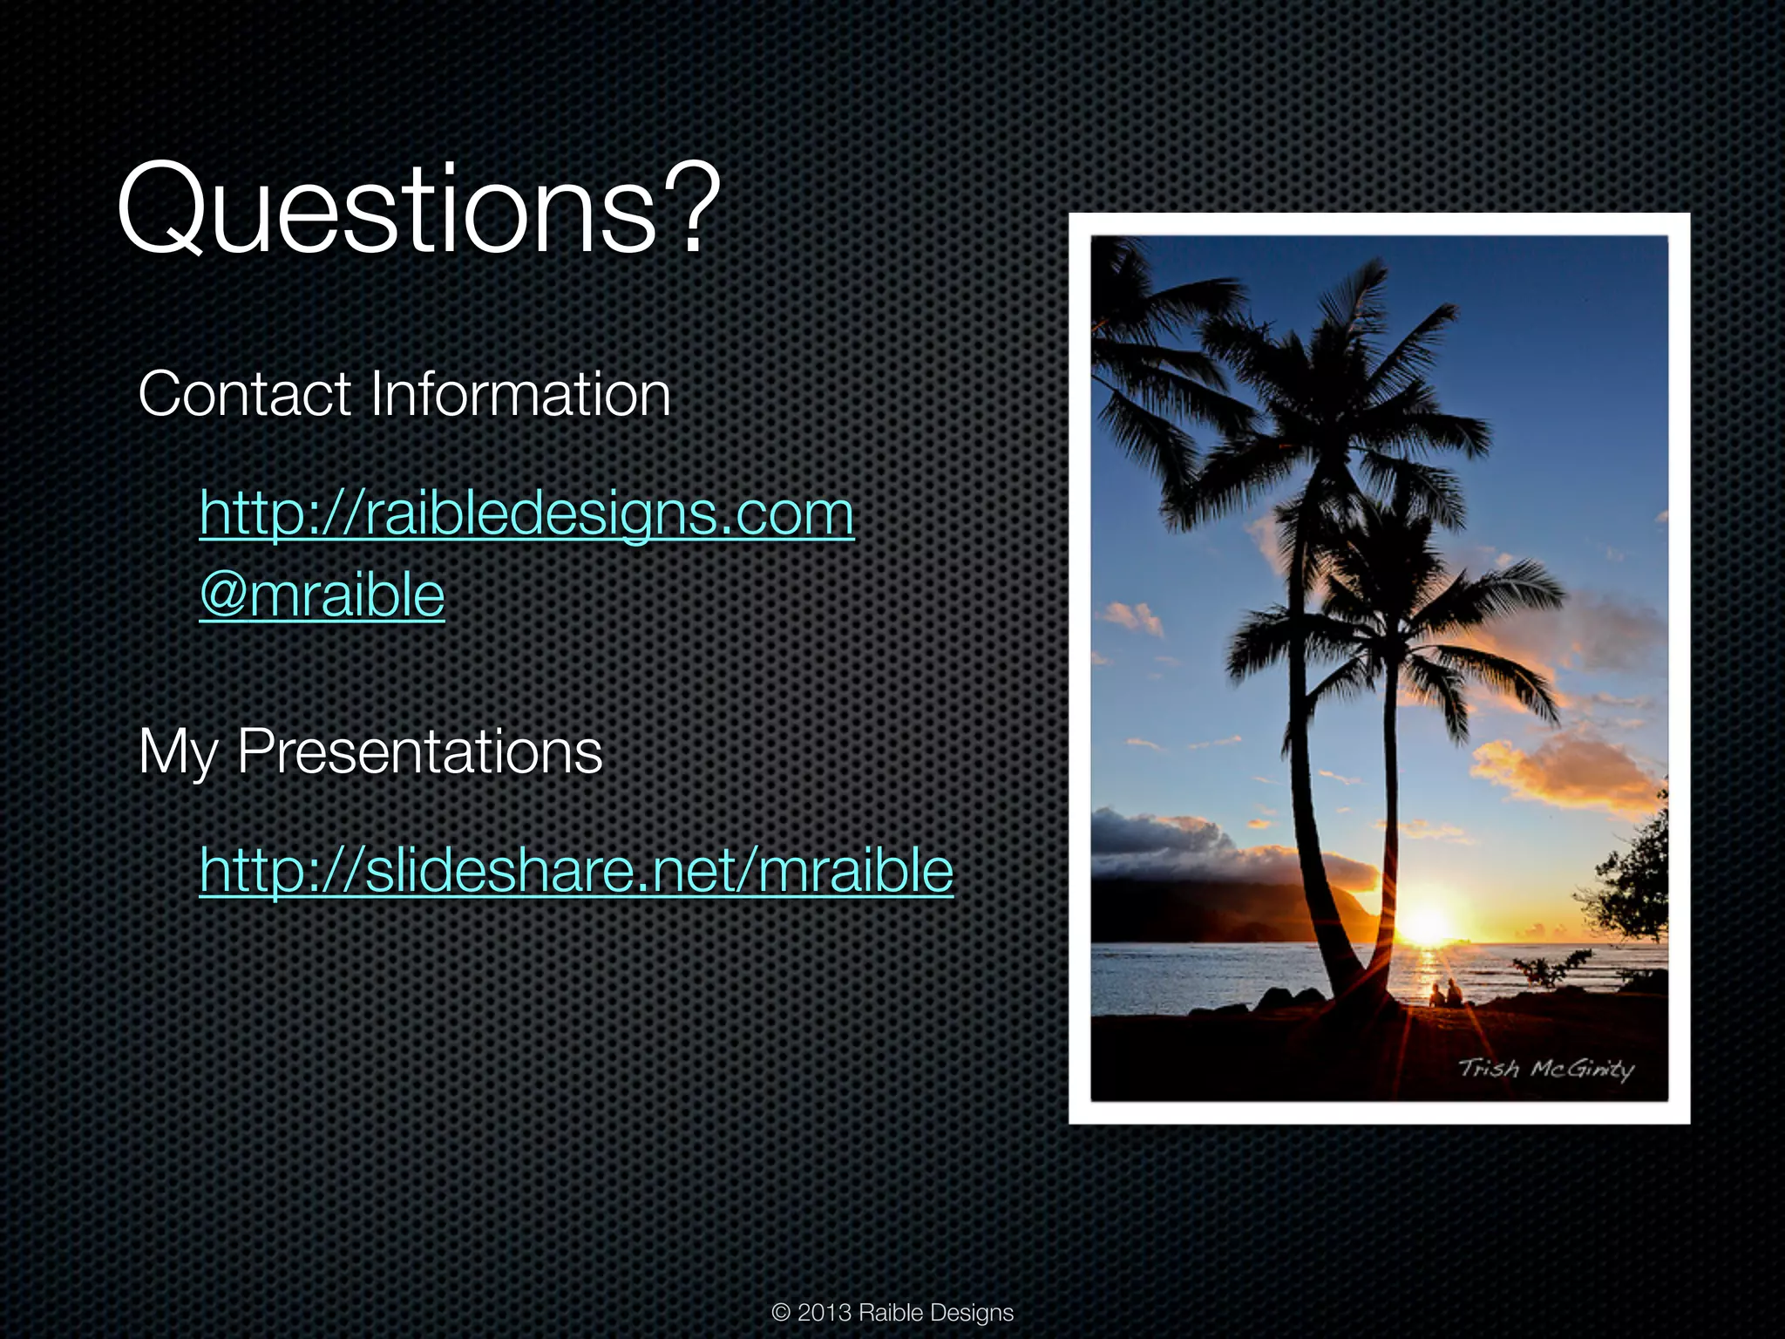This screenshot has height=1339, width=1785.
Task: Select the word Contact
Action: (x=244, y=394)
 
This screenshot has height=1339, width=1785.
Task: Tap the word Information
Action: (x=520, y=394)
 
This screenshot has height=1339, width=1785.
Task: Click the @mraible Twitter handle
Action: (x=322, y=595)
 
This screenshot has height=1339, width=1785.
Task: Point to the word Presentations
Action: (x=419, y=751)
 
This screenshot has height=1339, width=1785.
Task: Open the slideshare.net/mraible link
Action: (x=576, y=870)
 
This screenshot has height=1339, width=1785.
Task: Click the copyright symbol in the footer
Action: (x=781, y=1313)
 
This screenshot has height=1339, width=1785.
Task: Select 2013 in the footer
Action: (x=824, y=1313)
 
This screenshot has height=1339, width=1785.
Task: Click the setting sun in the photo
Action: (x=1427, y=922)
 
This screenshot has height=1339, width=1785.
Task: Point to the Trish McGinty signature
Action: (x=1545, y=1069)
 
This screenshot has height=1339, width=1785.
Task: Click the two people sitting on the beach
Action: (x=1444, y=992)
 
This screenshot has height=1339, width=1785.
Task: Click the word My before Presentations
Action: (x=178, y=751)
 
